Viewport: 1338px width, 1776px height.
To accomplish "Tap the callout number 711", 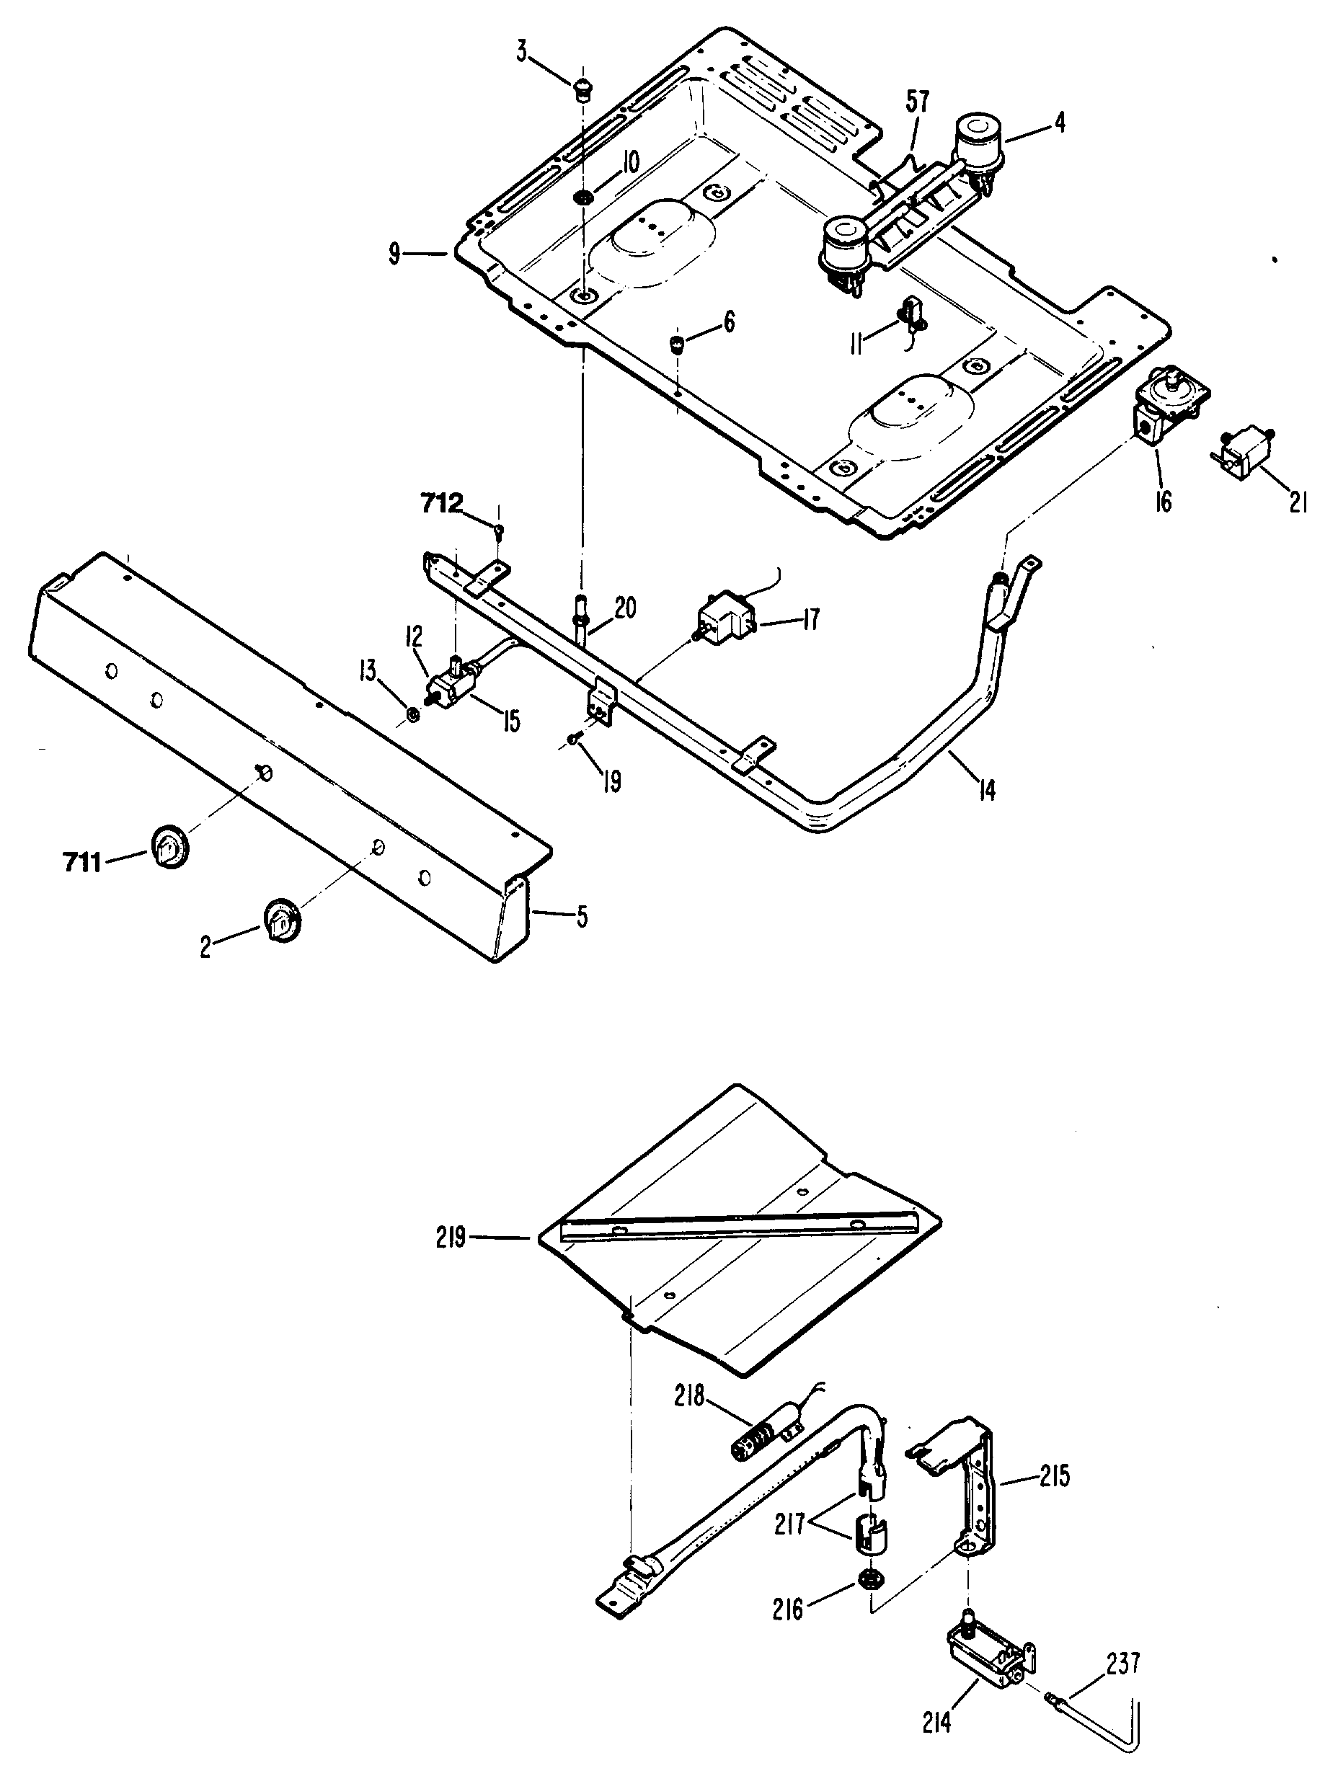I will (82, 863).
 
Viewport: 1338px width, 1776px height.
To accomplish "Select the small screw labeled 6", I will (677, 345).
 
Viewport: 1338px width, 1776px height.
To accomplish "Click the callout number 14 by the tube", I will (987, 790).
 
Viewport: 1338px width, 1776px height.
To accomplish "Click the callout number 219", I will (451, 1238).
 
